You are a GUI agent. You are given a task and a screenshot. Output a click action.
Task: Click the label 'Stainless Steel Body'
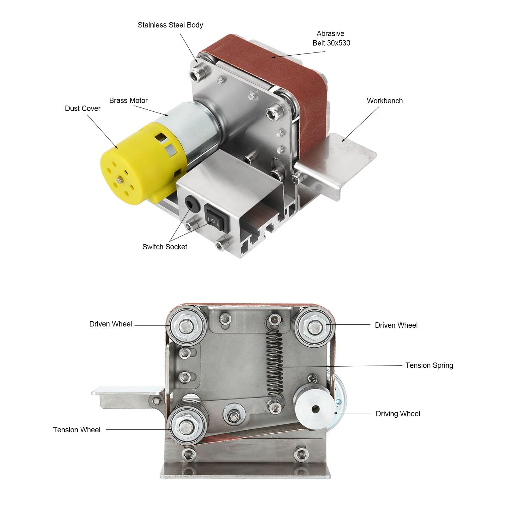tap(170, 25)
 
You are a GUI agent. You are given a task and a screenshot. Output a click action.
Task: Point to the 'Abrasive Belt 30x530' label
tap(331, 38)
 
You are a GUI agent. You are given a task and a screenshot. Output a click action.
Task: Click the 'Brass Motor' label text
tap(128, 101)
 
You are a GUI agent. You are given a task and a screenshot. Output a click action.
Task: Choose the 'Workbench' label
tap(385, 101)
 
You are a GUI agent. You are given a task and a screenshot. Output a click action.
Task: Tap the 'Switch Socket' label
tap(165, 247)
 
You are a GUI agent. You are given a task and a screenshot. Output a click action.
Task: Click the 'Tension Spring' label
tap(429, 365)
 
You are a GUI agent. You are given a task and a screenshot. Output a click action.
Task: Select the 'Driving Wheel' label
tap(398, 414)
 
